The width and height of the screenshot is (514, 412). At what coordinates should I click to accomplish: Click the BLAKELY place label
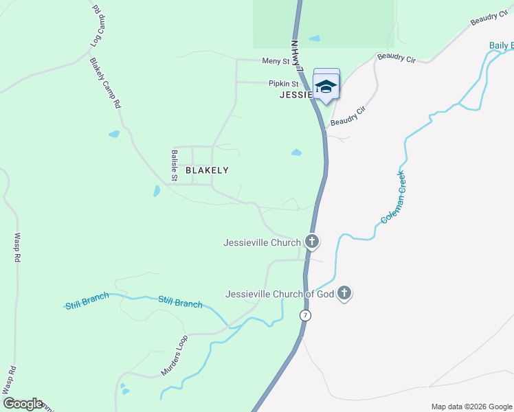207,170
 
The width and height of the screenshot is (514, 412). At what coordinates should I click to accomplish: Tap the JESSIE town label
297,95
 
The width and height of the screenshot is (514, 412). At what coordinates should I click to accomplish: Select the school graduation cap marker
326,86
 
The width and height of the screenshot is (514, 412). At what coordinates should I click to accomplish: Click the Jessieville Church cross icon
312,242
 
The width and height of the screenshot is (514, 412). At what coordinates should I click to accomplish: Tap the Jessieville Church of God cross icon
344,294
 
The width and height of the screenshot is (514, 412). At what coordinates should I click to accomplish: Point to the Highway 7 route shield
305,315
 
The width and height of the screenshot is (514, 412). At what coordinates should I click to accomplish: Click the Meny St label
276,61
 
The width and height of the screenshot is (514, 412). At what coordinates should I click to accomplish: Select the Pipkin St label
282,84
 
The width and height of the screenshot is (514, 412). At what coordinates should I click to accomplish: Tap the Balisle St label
175,165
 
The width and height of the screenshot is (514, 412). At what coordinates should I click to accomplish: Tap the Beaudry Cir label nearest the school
348,116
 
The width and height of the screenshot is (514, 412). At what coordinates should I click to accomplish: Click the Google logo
22,404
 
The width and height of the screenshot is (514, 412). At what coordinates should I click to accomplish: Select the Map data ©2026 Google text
471,407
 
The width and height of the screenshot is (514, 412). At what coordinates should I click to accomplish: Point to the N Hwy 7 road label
297,56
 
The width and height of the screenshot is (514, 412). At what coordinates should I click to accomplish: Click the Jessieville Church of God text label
280,294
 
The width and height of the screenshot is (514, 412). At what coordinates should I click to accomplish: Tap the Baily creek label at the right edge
501,45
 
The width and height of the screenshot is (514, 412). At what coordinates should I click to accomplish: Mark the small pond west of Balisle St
157,191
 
